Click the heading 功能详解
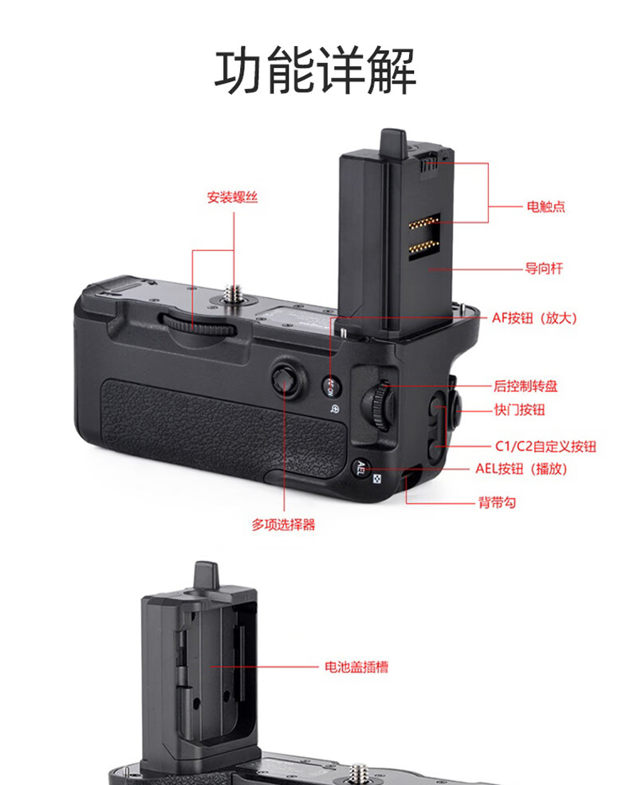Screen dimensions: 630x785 (315, 72)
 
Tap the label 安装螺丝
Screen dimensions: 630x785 (233, 197)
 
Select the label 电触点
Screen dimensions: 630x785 (545, 207)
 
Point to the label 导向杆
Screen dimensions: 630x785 (544, 269)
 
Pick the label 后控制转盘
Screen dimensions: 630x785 (526, 387)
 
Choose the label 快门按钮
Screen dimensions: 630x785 (520, 410)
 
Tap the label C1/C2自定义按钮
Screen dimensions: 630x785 (545, 447)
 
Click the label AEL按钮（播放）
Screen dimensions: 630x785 (522, 469)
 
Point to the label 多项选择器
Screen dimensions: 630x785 (283, 525)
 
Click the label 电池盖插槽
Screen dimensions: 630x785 (356, 666)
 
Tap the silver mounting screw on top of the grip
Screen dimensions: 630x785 (235, 294)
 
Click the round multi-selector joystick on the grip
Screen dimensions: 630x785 (284, 379)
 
